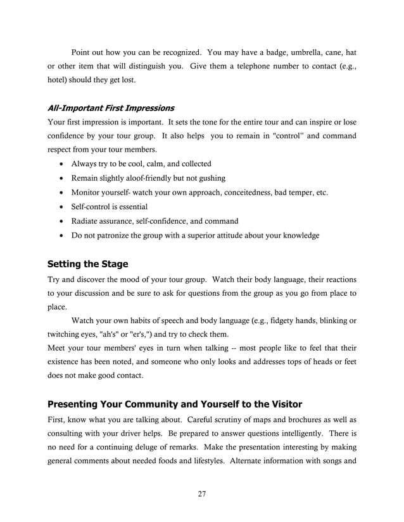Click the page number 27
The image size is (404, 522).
(202, 494)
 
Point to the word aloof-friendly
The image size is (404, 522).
(145, 178)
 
